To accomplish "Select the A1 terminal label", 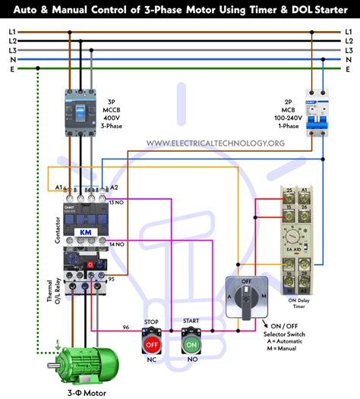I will [x=59, y=187].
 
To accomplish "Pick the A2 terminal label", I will [x=115, y=187].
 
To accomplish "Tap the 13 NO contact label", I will [x=117, y=203].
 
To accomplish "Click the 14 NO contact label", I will [x=117, y=245].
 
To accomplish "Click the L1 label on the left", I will [x=12, y=32].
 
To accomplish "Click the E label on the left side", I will [x=12, y=68].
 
